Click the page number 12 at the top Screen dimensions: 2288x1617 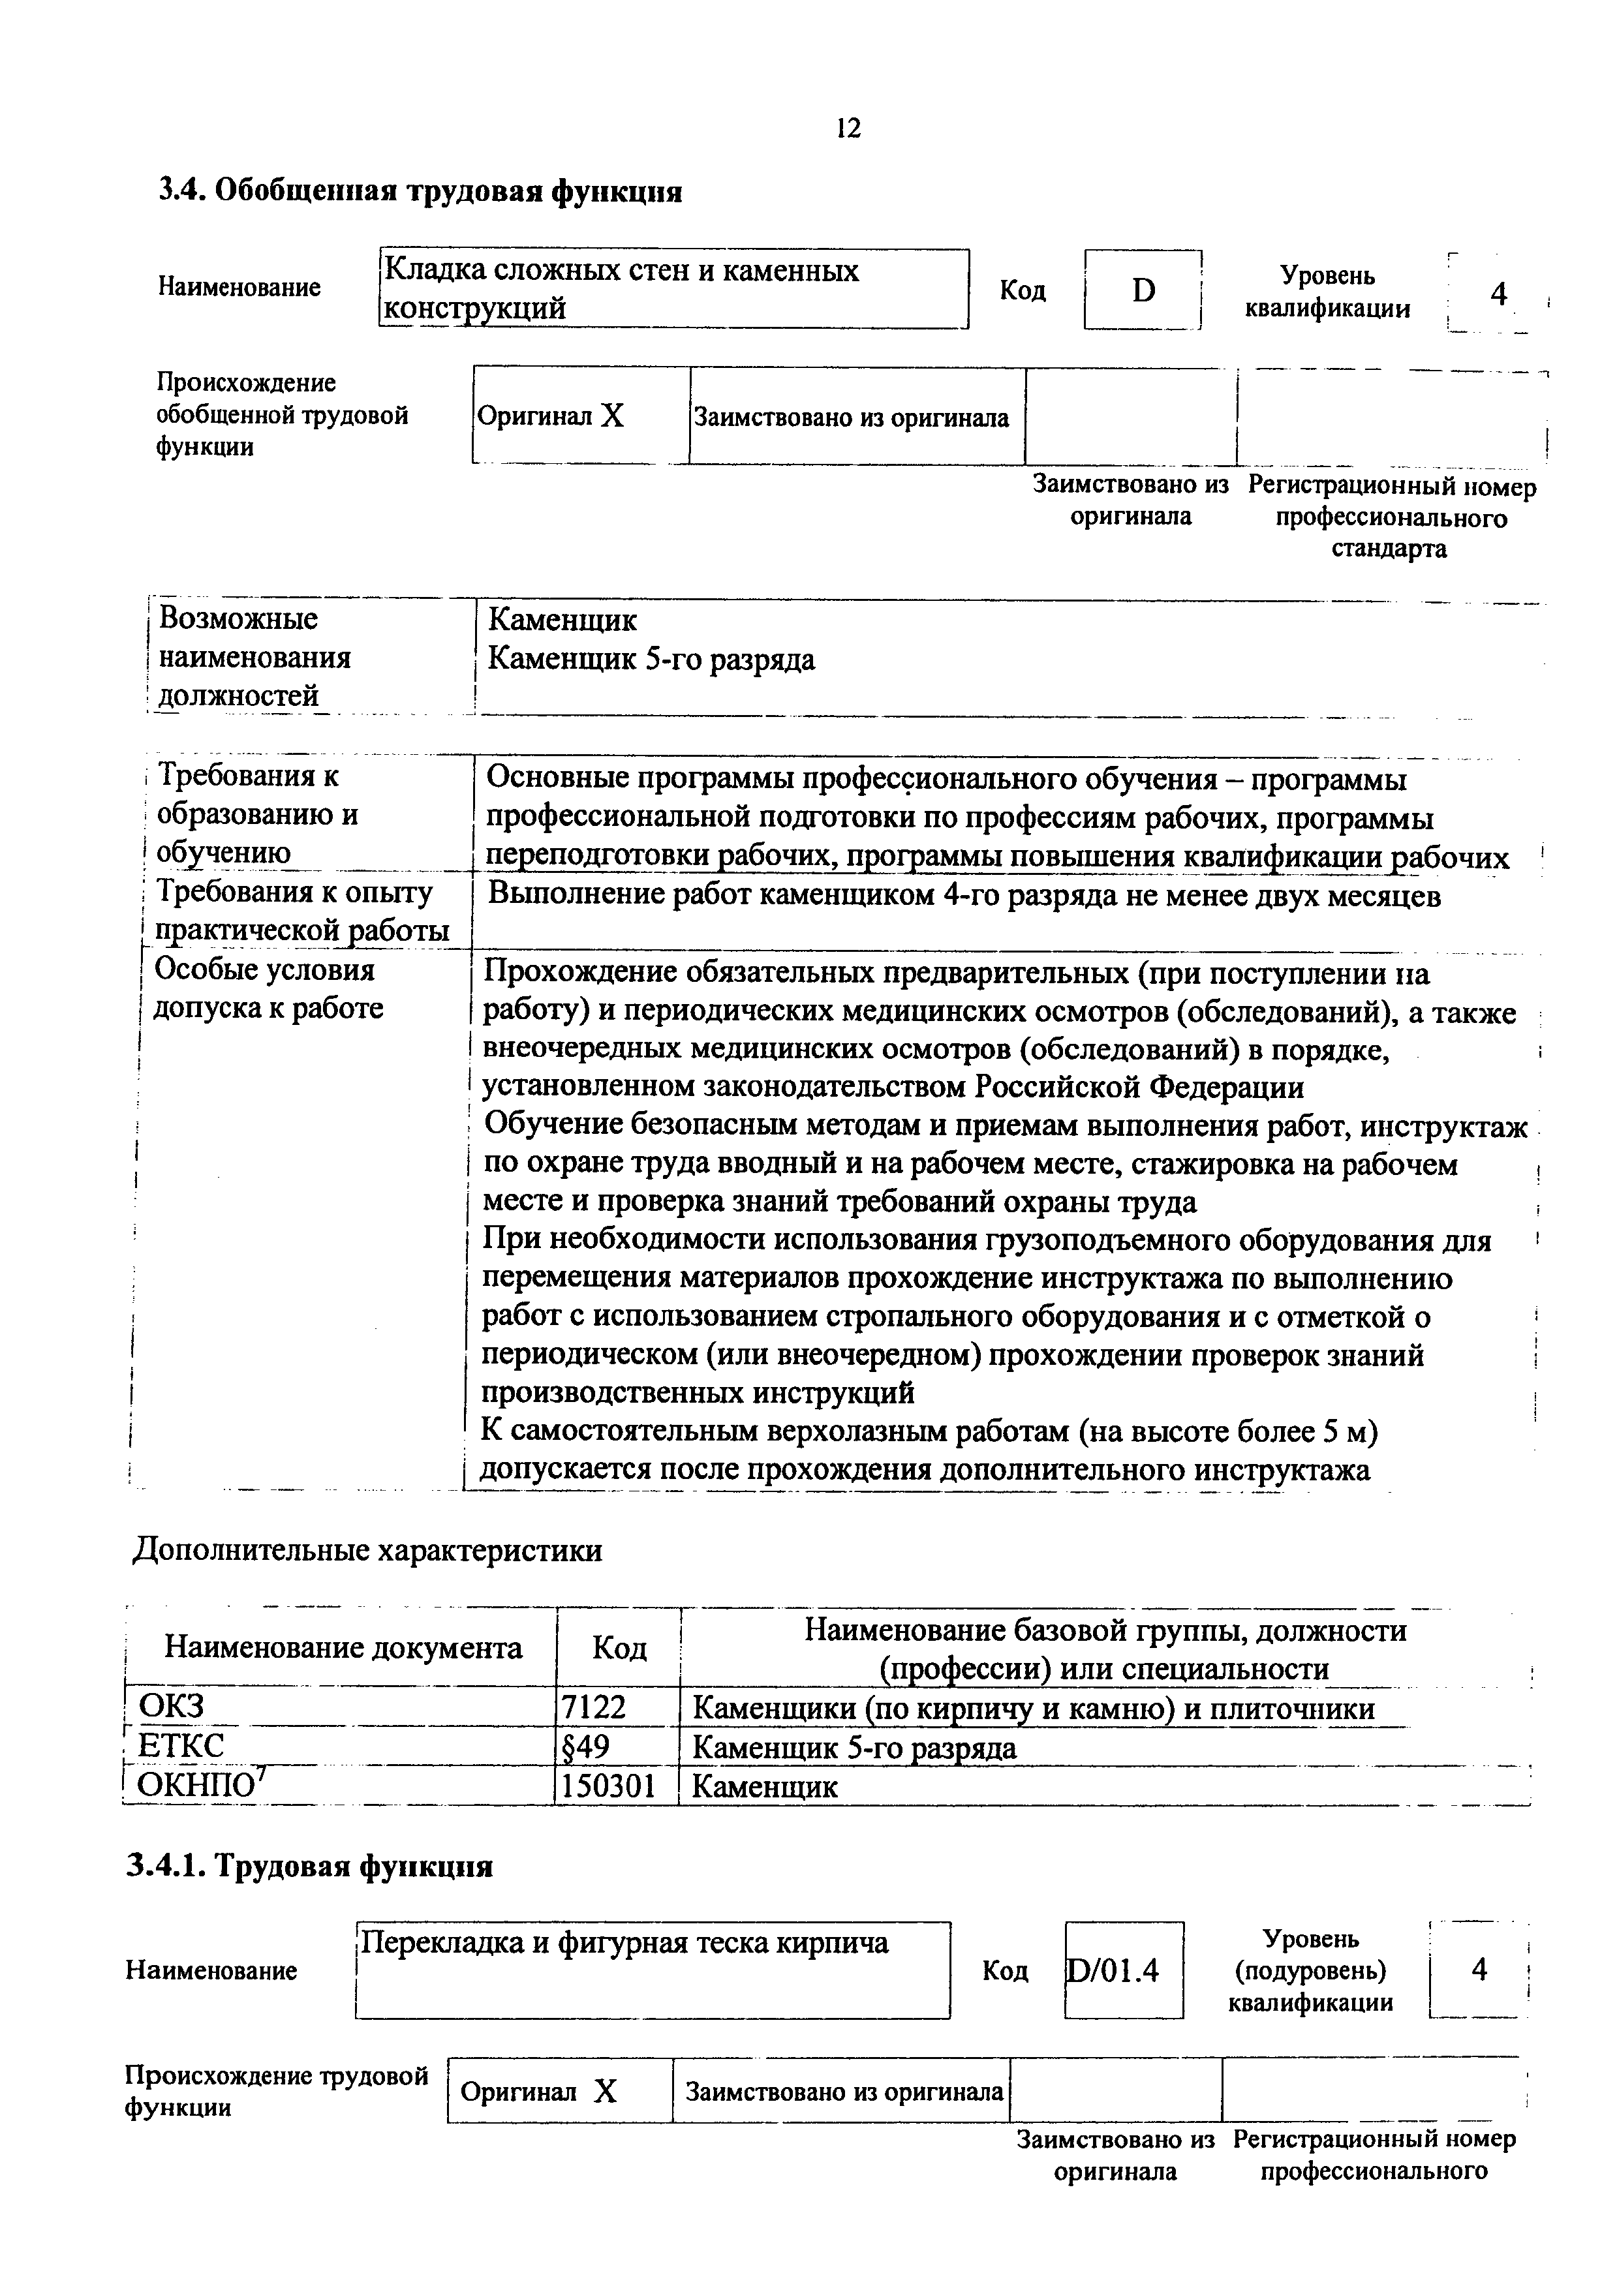click(848, 129)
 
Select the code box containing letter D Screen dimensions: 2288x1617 click(1143, 290)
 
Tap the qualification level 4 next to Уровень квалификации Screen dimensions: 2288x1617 click(1498, 294)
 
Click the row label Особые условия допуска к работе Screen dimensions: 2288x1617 click(267, 988)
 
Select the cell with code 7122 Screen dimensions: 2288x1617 click(594, 1708)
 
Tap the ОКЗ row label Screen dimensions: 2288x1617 click(170, 1708)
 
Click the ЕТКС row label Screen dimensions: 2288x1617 click(181, 1747)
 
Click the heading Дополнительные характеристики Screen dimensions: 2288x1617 click(368, 1551)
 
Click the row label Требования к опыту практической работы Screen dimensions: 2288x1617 click(296, 911)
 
